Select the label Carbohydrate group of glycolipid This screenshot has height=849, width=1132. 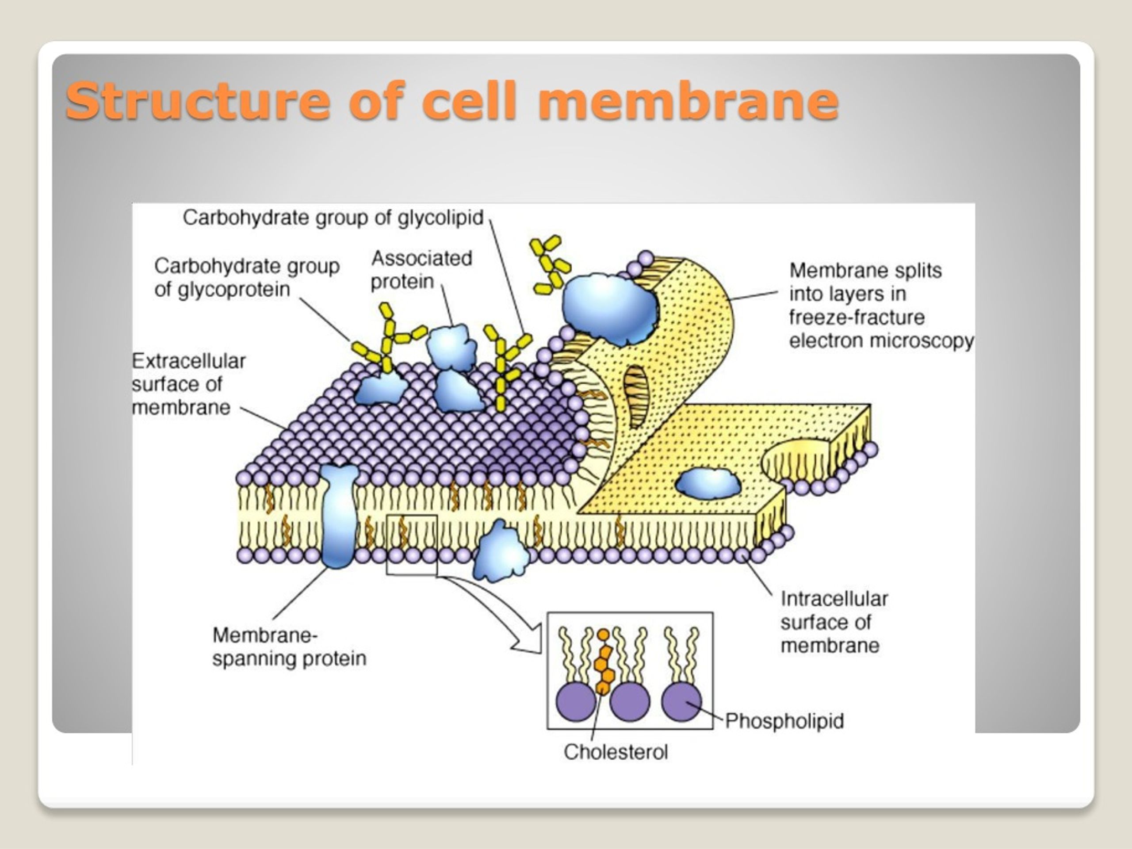(333, 218)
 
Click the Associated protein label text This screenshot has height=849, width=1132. (421, 270)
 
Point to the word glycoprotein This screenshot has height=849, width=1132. (233, 290)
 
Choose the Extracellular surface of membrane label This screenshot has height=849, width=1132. (189, 384)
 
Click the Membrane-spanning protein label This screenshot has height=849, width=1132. (290, 646)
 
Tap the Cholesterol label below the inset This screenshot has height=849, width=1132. (616, 752)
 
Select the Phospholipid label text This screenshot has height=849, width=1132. (784, 721)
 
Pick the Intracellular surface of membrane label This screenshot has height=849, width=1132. (834, 622)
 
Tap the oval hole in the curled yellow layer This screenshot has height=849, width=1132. (635, 397)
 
